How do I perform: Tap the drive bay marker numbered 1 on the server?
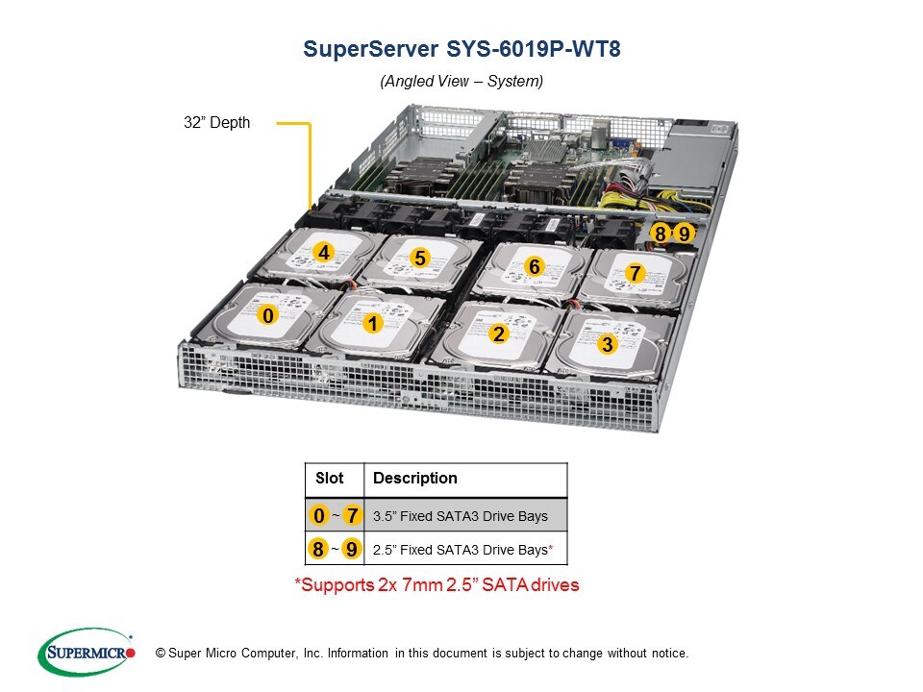pyautogui.click(x=373, y=325)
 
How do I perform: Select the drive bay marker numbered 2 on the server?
pyautogui.click(x=498, y=334)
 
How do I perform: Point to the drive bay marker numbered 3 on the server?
pyautogui.click(x=606, y=343)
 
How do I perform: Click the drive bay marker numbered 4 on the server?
pyautogui.click(x=324, y=253)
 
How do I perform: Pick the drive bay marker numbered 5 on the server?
pyautogui.click(x=419, y=258)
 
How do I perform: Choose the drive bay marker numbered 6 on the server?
pyautogui.click(x=534, y=266)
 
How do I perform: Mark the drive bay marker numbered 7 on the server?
pyautogui.click(x=635, y=273)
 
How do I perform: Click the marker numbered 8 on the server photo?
pyautogui.click(x=661, y=233)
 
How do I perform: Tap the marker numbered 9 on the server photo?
pyautogui.click(x=684, y=233)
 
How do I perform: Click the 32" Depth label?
pyautogui.click(x=216, y=123)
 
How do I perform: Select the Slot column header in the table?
pyautogui.click(x=329, y=478)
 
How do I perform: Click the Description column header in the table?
pyautogui.click(x=414, y=478)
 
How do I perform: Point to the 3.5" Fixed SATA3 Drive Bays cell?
pyautogui.click(x=460, y=516)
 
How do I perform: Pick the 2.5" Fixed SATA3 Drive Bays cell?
pyautogui.click(x=461, y=550)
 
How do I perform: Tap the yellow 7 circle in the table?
pyautogui.click(x=352, y=516)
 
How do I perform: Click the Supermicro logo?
pyautogui.click(x=86, y=653)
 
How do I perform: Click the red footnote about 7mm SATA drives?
pyautogui.click(x=437, y=584)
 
